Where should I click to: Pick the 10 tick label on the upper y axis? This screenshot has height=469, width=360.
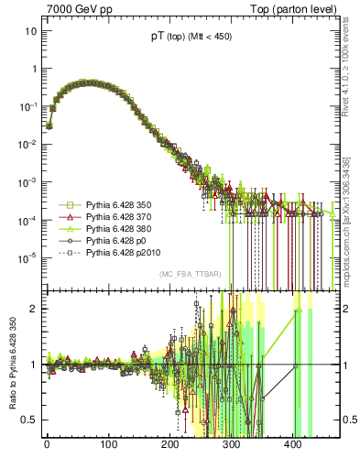point(30,31)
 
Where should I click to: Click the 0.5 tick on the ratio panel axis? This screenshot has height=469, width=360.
point(28,420)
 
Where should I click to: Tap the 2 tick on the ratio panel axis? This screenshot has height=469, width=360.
point(33,309)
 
